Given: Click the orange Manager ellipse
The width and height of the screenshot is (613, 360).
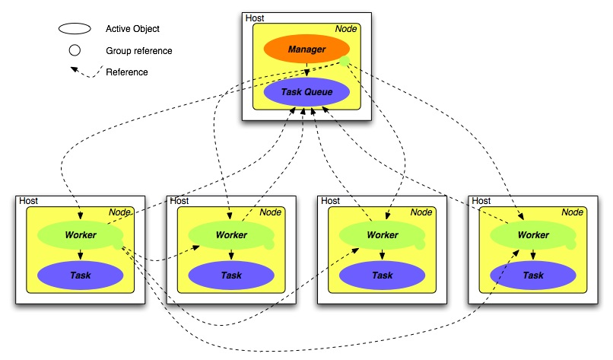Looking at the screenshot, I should (x=306, y=50).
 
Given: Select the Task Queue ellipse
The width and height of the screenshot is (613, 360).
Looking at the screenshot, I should (x=306, y=92).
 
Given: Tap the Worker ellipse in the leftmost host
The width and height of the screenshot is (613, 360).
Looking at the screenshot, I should (x=80, y=234).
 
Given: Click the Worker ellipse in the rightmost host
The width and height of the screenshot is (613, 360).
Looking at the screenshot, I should (x=532, y=234).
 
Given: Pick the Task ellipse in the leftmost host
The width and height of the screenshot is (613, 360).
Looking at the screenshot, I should (x=80, y=275).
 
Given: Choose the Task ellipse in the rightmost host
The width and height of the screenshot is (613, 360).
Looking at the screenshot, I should (x=532, y=275).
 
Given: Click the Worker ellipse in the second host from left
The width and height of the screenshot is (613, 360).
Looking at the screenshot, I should (x=230, y=234).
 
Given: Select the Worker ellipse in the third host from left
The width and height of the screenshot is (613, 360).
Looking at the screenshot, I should (x=382, y=234).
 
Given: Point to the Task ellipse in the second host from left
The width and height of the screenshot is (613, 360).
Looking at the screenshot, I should (x=230, y=275).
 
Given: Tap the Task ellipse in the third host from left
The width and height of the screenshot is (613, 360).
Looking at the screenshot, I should (x=382, y=275).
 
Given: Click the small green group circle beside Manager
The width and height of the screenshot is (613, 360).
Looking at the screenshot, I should (x=345, y=62).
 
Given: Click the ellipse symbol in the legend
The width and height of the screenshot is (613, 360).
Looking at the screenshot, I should (x=75, y=29).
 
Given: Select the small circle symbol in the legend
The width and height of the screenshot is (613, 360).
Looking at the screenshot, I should (x=75, y=51).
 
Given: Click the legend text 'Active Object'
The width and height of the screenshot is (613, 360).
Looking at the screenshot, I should (x=132, y=29).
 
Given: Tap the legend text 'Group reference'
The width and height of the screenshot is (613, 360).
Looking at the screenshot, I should (x=139, y=51).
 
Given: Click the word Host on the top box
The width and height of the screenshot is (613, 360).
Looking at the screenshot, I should (x=254, y=18).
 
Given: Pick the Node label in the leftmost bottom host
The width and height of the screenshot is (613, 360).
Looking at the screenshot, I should (x=119, y=212).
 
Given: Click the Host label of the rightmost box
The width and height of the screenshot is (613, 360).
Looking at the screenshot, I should (x=481, y=201).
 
